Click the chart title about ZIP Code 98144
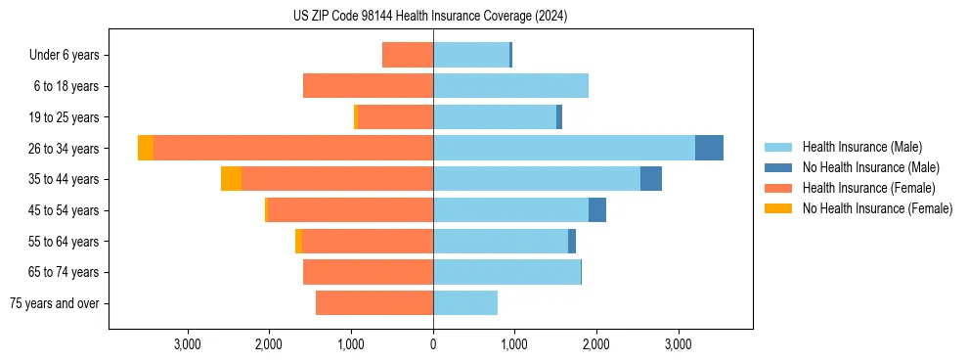coord(430,17)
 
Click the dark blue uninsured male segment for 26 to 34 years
coord(709,148)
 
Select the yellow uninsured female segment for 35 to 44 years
coord(231,179)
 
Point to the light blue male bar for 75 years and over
coord(465,303)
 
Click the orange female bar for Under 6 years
coord(408,55)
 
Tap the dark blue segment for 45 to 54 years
coord(596,210)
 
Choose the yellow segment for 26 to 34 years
coord(146,148)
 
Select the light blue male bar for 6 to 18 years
coord(510,86)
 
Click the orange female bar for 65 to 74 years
coord(368,272)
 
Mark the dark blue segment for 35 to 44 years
coord(651,179)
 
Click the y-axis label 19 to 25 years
coord(66,117)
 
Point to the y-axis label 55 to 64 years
coord(66,242)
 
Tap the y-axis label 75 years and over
coord(55,303)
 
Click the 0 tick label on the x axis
coord(433,343)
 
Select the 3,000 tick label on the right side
coord(679,343)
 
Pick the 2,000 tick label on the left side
coord(269,343)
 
